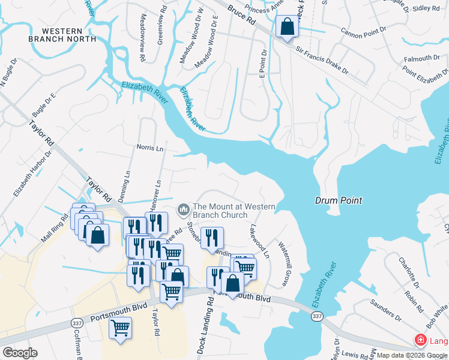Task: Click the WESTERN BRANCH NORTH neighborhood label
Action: tap(62, 34)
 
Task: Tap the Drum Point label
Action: tap(339, 201)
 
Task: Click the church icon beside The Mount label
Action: tap(183, 209)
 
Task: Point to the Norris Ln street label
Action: tap(149, 147)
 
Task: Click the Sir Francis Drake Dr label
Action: tap(321, 60)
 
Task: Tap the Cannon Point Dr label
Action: tap(366, 32)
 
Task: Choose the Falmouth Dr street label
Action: tap(421, 59)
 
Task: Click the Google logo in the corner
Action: tap(20, 353)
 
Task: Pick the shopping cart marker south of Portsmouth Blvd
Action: tap(121, 329)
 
